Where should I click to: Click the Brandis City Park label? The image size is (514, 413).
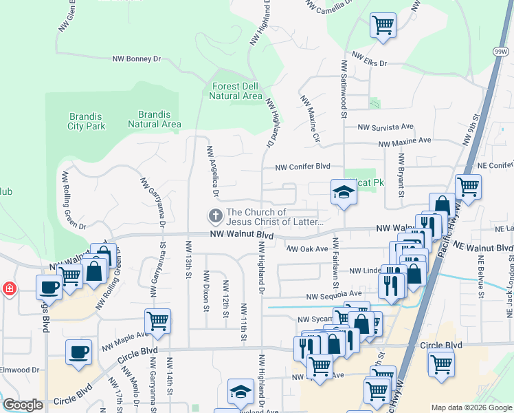pyautogui.click(x=87, y=121)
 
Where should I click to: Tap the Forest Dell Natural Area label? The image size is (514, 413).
pyautogui.click(x=234, y=91)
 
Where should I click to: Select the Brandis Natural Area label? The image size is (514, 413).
pyautogui.click(x=155, y=119)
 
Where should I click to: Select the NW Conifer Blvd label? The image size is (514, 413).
pyautogui.click(x=303, y=167)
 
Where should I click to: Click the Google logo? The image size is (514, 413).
pyautogui.click(x=23, y=405)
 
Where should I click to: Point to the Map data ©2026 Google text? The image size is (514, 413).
pyautogui.click(x=471, y=407)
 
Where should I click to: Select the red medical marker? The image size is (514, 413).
pyautogui.click(x=9, y=287)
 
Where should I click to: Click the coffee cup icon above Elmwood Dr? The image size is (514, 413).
pyautogui.click(x=78, y=352)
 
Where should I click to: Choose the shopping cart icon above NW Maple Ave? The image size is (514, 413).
pyautogui.click(x=158, y=321)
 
